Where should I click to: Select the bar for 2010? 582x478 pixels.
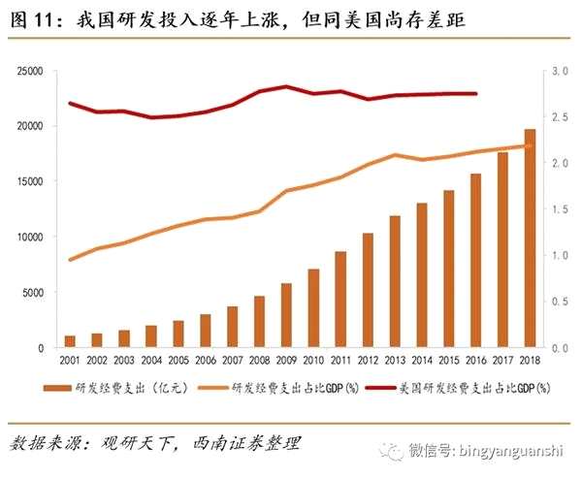(x=313, y=308)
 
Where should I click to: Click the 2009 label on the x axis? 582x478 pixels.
(x=286, y=361)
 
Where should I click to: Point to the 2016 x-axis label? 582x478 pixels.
(x=475, y=361)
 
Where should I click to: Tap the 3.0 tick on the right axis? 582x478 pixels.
(x=557, y=71)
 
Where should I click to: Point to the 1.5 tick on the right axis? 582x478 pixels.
(x=557, y=209)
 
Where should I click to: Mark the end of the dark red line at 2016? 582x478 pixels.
(x=476, y=94)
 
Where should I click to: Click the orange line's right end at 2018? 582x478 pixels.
(x=531, y=146)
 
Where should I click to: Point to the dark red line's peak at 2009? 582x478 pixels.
(x=286, y=86)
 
